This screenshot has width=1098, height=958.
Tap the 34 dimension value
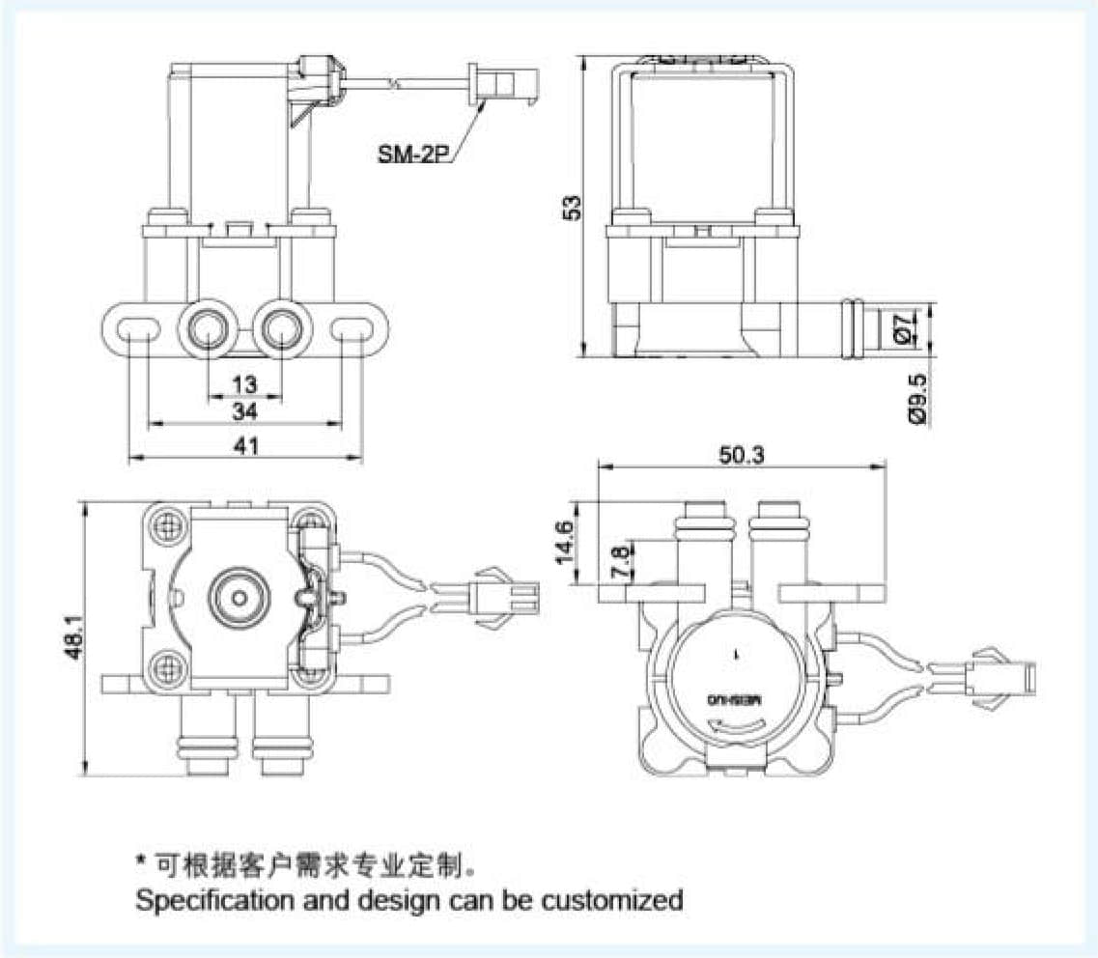pyautogui.click(x=245, y=412)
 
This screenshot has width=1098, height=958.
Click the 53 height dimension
pyautogui.click(x=572, y=208)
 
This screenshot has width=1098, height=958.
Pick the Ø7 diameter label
pyautogui.click(x=903, y=328)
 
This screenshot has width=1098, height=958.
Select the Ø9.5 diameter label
pyautogui.click(x=917, y=397)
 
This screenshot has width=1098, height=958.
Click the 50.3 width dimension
pyautogui.click(x=742, y=456)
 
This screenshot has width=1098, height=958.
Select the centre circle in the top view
pyautogui.click(x=235, y=597)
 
